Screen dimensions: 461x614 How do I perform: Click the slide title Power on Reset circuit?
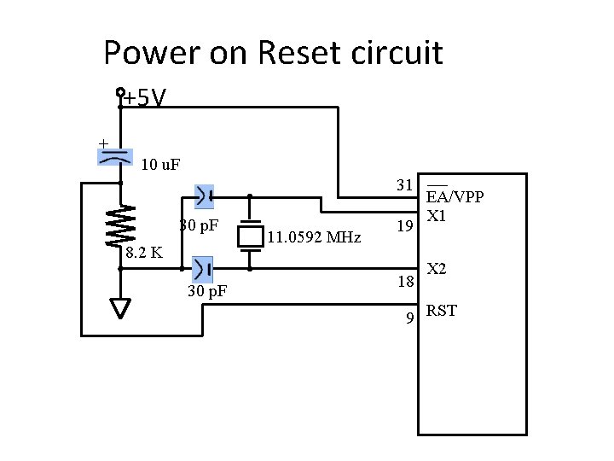273,53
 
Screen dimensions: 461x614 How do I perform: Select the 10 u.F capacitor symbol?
115,156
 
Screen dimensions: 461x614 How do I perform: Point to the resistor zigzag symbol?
121,225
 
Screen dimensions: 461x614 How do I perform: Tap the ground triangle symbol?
121,307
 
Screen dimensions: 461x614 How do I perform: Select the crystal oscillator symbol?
250,234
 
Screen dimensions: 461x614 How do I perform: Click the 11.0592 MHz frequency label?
314,237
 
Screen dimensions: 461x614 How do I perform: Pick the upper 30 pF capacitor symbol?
204,196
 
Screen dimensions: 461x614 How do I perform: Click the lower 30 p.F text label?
206,292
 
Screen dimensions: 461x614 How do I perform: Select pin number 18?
405,283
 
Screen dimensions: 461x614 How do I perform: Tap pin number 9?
410,318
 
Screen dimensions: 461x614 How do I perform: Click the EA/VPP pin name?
455,197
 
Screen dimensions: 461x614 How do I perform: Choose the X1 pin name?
437,213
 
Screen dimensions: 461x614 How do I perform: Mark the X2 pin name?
437,269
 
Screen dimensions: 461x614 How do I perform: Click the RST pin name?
442,311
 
